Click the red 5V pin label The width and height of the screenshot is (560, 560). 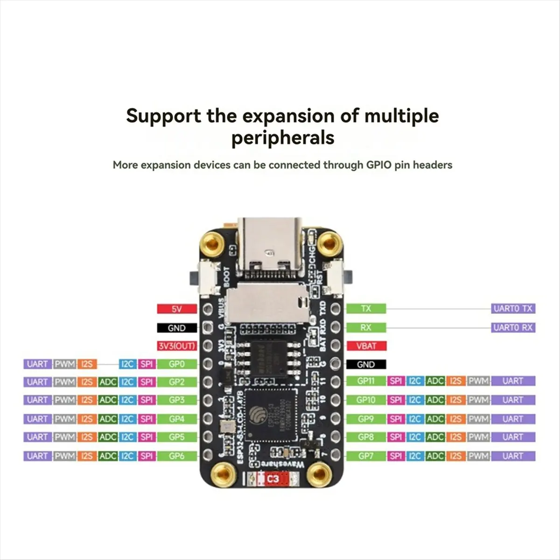tap(177, 309)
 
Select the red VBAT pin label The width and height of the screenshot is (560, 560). tap(366, 346)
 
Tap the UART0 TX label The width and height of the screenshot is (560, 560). tap(513, 308)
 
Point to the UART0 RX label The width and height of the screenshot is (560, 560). tap(513, 328)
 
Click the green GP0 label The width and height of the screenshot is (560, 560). tap(177, 364)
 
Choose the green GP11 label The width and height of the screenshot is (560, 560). tap(366, 381)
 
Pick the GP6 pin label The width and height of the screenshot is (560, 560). tap(177, 456)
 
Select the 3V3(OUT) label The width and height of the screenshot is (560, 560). tap(177, 346)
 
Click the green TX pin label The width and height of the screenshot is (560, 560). tap(366, 308)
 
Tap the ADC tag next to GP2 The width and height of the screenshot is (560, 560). tap(108, 382)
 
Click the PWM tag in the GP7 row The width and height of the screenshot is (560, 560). tap(478, 456)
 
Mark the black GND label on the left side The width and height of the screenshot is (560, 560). tap(177, 328)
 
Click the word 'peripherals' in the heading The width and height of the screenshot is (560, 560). tap(283, 138)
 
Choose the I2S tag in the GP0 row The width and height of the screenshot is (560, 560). tap(87, 364)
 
